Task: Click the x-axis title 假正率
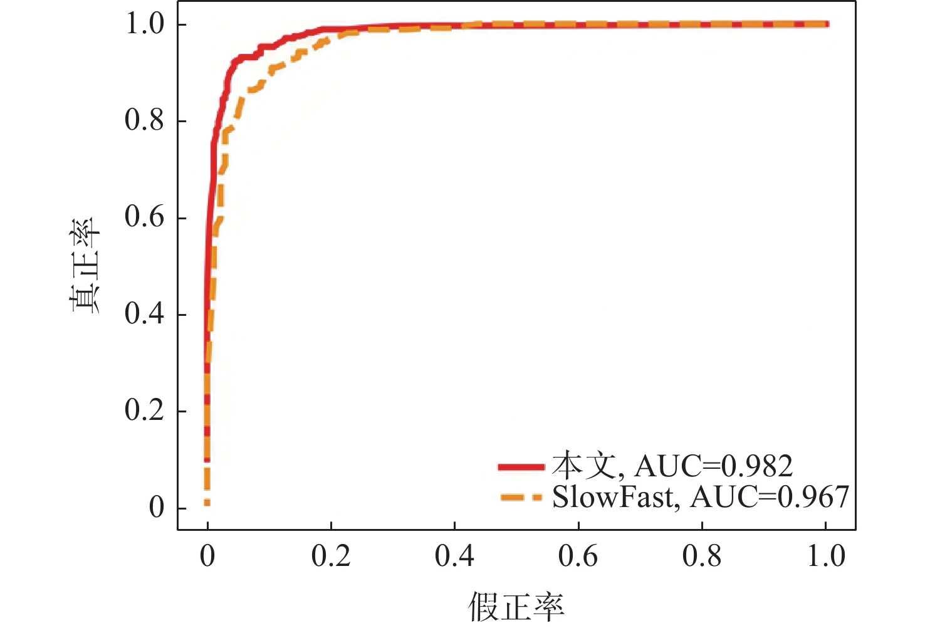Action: tap(516, 606)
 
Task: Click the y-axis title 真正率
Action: tap(85, 266)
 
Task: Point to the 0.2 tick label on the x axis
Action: tap(331, 557)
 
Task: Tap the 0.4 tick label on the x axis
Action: tap(454, 557)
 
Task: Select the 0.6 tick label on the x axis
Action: tap(578, 557)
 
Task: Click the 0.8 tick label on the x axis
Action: tap(702, 557)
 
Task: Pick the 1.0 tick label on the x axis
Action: tap(826, 557)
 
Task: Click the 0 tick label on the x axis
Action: tap(207, 557)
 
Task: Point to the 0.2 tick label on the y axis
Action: tap(144, 411)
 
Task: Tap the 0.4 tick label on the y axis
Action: tap(144, 315)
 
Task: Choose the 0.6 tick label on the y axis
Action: tap(144, 217)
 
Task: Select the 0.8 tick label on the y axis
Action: tap(144, 121)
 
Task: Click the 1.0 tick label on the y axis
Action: tap(144, 24)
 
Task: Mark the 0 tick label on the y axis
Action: tap(156, 508)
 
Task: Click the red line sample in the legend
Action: tap(521, 467)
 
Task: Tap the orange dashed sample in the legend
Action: tap(521, 498)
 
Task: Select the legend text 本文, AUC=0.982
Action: tap(672, 466)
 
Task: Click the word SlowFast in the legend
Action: tap(612, 497)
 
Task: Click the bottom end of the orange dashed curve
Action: tap(207, 503)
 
